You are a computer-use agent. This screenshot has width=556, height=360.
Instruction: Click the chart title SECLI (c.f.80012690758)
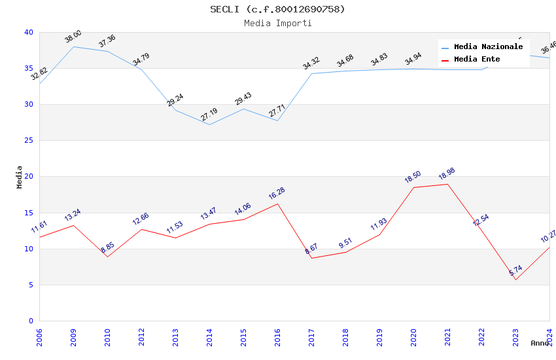(x=277, y=9)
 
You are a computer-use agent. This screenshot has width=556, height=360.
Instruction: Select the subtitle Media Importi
(x=277, y=24)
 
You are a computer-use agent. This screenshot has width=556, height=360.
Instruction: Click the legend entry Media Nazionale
(x=488, y=47)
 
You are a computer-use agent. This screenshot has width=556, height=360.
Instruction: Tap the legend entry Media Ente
(x=477, y=60)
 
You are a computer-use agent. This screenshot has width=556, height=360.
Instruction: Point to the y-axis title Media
(x=20, y=177)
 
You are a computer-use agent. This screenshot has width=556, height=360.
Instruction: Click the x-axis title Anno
(x=540, y=343)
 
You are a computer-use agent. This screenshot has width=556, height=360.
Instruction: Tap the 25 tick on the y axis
(x=29, y=141)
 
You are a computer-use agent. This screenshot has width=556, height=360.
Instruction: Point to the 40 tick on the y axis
(x=29, y=33)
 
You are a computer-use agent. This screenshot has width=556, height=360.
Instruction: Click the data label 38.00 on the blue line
(x=73, y=37)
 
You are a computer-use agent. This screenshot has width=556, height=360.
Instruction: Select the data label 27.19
(x=209, y=115)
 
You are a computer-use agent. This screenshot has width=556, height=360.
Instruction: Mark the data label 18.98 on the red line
(x=447, y=174)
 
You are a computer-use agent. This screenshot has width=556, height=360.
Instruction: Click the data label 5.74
(x=515, y=270)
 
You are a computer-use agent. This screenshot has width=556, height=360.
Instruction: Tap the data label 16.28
(x=277, y=194)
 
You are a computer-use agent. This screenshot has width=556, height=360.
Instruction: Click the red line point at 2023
(x=515, y=280)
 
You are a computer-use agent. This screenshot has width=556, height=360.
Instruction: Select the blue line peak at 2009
(x=73, y=46)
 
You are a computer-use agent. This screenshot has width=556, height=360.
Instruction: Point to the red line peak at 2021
(x=447, y=184)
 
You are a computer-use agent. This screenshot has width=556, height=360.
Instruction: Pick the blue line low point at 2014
(x=209, y=124)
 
